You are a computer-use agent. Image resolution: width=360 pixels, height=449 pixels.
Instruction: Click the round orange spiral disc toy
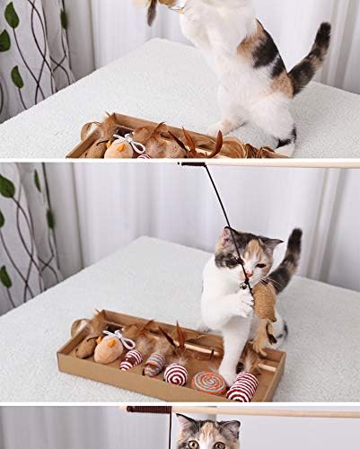[209, 381]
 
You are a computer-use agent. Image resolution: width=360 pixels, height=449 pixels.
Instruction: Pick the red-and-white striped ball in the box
[176, 374]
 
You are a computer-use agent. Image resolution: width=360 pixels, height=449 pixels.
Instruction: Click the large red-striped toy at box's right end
[242, 387]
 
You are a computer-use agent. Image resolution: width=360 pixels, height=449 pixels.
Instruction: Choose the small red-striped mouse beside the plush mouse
[132, 359]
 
